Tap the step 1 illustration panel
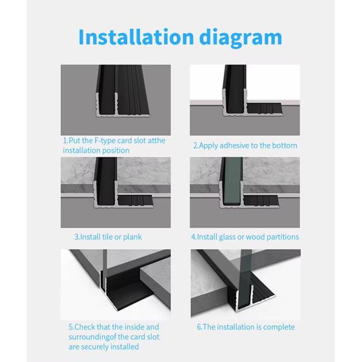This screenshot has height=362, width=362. click(116, 100)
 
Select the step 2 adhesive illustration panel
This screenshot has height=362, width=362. click(244, 100)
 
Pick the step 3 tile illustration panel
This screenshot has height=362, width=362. click(116, 192)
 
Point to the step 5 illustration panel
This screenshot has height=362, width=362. click(116, 284)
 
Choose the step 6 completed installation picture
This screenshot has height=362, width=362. click(245, 284)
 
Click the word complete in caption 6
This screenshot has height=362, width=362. click(278, 327)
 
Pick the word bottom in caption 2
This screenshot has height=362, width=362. click(283, 145)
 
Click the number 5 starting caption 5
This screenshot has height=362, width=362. click(70, 327)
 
